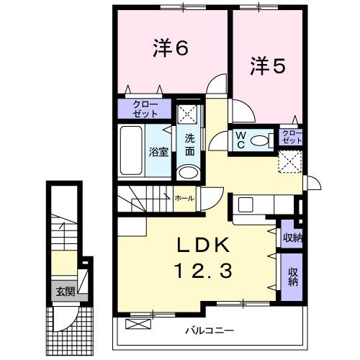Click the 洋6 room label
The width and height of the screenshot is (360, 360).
(x=171, y=48)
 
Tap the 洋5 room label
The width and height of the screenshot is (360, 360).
(x=268, y=66)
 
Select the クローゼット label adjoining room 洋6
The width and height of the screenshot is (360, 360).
(x=145, y=109)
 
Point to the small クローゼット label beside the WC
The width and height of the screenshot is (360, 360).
(x=292, y=136)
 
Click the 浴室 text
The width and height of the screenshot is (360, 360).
(x=158, y=152)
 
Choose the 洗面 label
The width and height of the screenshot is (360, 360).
(x=189, y=145)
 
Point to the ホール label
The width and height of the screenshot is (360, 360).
(x=183, y=197)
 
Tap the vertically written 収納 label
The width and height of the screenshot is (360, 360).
(x=293, y=276)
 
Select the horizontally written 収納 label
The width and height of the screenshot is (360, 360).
(x=292, y=238)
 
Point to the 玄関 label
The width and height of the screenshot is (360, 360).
(x=64, y=292)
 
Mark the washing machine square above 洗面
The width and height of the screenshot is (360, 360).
(x=188, y=114)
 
